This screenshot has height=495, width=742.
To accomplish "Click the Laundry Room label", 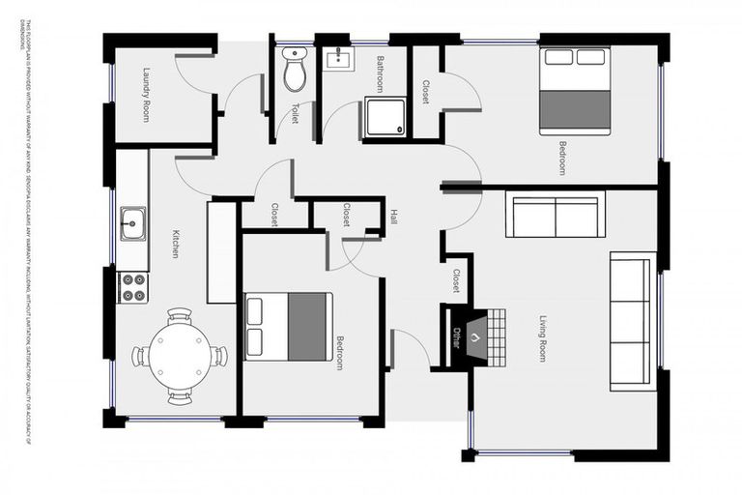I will [146, 94].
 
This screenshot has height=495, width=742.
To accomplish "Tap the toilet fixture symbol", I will [295, 70].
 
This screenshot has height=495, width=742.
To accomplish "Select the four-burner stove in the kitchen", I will [132, 285].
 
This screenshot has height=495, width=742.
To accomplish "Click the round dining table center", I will [180, 356].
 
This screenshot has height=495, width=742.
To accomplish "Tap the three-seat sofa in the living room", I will [632, 321].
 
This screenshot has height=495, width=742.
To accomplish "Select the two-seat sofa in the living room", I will [556, 217].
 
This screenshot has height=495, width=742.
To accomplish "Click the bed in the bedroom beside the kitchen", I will [289, 326].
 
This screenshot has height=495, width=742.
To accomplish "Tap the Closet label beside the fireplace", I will [455, 281].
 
